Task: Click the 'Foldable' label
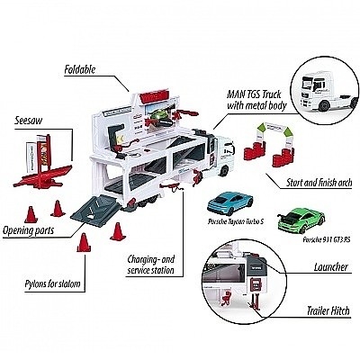80,69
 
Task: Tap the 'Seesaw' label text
29,121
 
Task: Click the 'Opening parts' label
28,230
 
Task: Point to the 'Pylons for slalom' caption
52,283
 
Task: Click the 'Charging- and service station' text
150,265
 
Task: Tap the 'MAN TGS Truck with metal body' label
256,100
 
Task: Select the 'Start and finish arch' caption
319,183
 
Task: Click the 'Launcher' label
331,266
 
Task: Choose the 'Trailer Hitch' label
328,310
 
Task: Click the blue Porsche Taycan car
230,202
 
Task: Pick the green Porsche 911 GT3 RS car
301,220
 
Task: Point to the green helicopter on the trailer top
160,117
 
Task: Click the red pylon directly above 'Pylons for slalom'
84,242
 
